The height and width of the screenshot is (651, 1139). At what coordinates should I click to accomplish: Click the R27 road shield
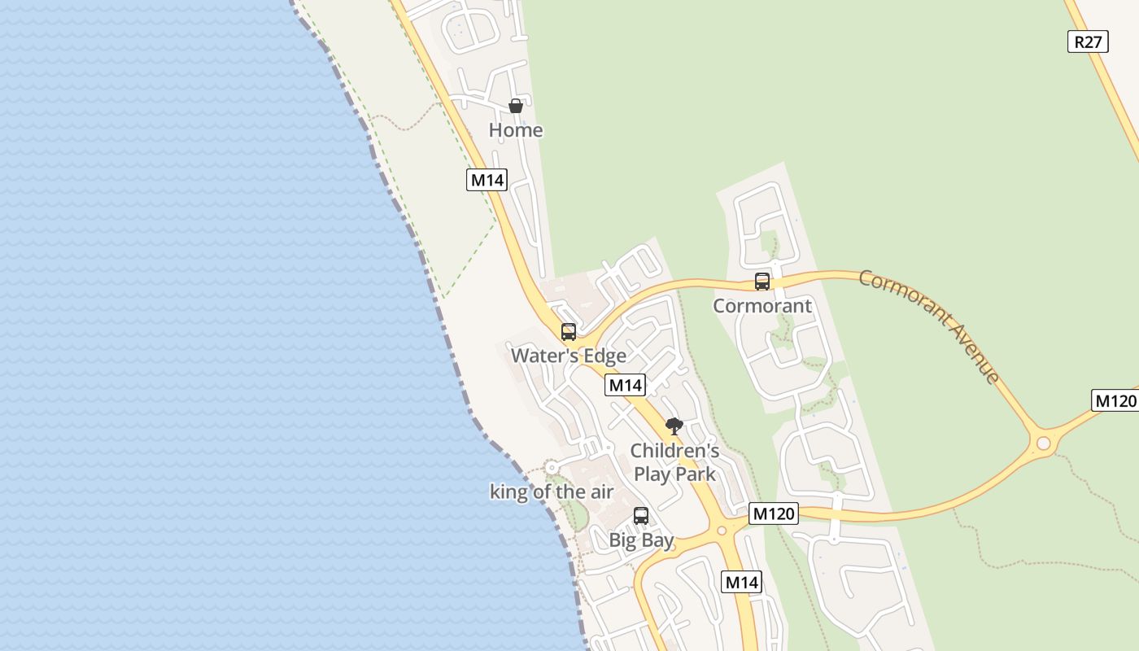1088,42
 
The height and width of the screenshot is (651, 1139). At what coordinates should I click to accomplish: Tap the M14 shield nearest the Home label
487,180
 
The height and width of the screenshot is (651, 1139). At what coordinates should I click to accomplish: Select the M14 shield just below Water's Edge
625,385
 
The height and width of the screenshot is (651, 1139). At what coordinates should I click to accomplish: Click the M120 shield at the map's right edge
1115,400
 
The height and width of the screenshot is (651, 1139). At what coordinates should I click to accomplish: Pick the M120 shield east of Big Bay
773,513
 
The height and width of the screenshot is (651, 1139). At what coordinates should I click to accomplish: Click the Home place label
516,130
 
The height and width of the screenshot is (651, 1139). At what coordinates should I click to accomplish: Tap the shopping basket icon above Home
515,106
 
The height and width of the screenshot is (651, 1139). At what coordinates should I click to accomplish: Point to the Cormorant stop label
762,306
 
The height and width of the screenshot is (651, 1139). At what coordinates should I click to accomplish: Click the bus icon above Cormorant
762,282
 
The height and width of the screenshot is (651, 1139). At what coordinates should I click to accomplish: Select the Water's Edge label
569,356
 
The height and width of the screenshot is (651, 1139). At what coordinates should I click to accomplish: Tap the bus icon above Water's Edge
569,332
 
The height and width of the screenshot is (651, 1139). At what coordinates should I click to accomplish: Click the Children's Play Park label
674,462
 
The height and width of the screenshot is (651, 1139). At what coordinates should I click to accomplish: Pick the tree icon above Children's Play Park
674,426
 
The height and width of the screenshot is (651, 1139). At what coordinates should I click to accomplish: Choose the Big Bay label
641,540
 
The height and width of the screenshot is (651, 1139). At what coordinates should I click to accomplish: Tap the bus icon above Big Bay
641,516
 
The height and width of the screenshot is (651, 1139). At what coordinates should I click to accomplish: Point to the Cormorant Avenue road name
930,325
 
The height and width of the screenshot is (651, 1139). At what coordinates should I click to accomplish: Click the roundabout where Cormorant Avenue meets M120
1043,443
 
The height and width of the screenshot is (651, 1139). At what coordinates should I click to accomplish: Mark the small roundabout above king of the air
552,467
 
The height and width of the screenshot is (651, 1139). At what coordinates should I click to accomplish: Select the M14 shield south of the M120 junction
741,582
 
